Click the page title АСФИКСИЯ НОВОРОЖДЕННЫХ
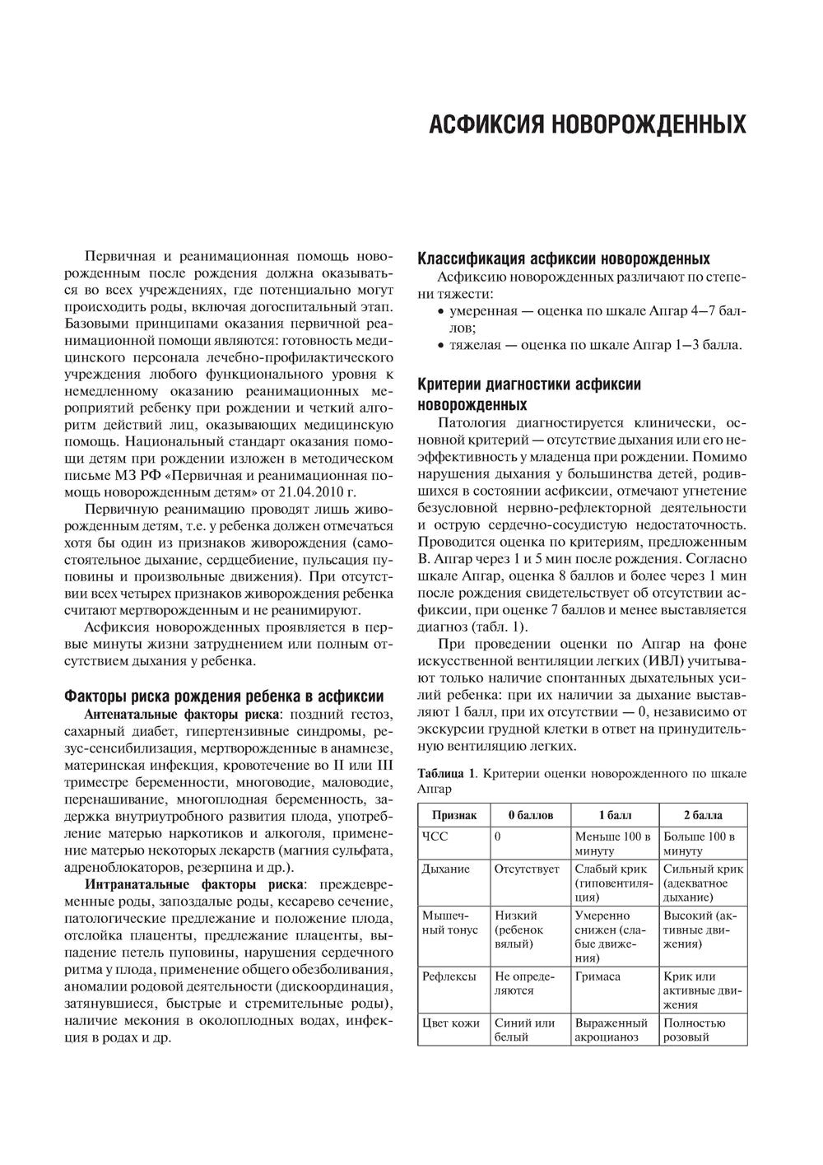click(588, 125)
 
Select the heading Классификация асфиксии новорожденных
click(564, 257)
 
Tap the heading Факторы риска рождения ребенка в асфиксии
click(224, 673)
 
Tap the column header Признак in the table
click(453, 815)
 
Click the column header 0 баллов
click(530, 815)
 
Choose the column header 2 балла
click(703, 815)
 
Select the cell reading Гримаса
click(597, 976)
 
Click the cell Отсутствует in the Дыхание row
click(527, 869)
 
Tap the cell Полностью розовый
click(695, 1030)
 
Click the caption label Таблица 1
click(446, 774)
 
